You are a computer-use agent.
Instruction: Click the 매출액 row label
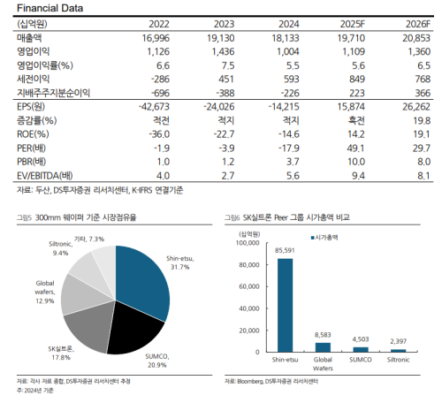tap(29, 38)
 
